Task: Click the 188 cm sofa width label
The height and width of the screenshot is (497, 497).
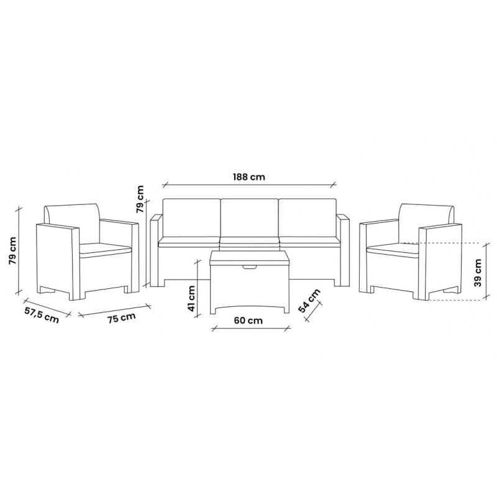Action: [249, 176]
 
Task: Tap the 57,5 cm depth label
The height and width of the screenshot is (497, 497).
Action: [42, 315]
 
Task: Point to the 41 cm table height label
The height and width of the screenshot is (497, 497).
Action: [191, 298]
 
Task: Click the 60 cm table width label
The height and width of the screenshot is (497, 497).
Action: [248, 321]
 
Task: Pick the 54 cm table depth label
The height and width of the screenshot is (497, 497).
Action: [309, 300]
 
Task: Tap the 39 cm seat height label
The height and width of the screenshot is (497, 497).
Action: [478, 273]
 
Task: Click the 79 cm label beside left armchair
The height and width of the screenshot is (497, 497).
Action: [13, 251]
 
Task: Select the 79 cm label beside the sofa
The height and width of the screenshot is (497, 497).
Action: [140, 199]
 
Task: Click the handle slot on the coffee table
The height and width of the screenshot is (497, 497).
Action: [250, 268]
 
